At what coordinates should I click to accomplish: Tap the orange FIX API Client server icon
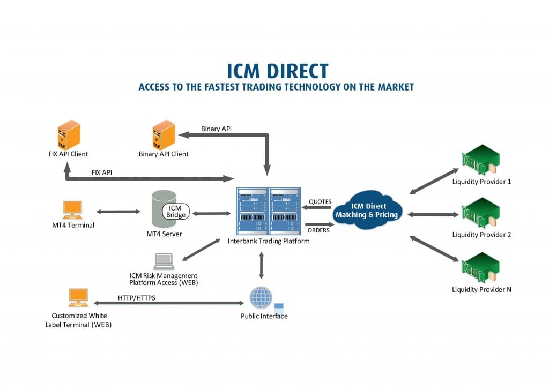coord(69,136)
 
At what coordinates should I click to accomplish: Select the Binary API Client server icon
coord(164,135)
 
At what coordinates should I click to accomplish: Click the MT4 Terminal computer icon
coord(72,209)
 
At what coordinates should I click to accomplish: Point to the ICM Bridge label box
coord(176,211)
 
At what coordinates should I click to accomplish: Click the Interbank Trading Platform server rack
coord(269,211)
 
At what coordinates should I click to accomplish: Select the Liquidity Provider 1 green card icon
coord(480,161)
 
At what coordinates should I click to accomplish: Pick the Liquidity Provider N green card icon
coord(480,268)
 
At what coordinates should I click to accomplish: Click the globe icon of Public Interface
coord(261,297)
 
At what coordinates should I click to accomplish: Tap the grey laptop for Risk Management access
coord(164,261)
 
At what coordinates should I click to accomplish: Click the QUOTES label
coord(320,202)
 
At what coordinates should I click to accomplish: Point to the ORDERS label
coord(320,230)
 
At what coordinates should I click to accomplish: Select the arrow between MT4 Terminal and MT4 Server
coord(117,212)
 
